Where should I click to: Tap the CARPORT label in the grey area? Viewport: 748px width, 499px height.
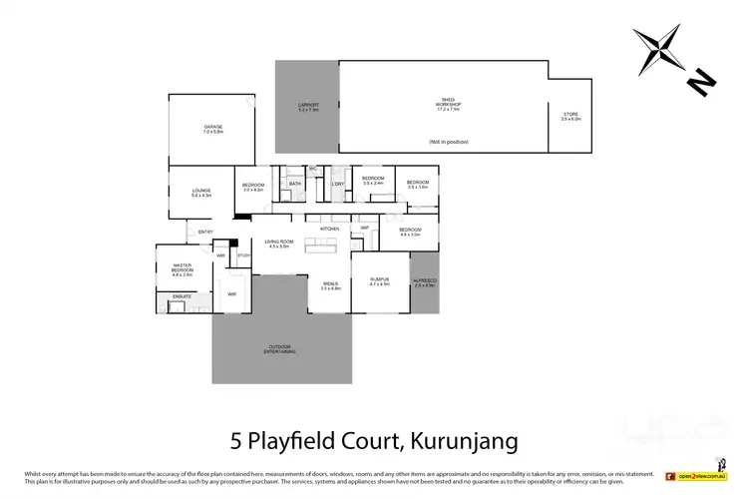pos(308,106)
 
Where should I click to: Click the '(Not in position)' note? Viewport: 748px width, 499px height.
pos(448,143)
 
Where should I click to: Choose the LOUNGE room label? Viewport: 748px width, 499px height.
pos(202,192)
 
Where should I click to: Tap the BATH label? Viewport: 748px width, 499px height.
pos(295,184)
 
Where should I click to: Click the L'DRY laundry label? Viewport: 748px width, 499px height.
pos(338,184)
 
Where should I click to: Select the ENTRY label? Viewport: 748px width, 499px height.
pos(205,233)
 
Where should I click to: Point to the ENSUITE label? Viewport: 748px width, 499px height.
pos(182,296)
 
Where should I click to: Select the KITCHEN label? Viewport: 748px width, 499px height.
pos(330,229)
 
